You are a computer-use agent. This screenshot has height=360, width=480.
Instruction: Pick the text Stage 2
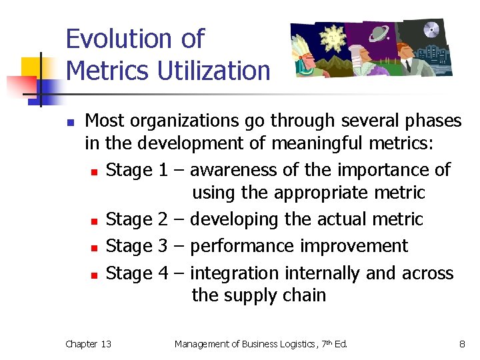[137, 219]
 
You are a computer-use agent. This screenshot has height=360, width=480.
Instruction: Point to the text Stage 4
[137, 273]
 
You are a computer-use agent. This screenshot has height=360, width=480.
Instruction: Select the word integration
[235, 273]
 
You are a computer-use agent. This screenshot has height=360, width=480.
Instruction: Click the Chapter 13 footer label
[88, 344]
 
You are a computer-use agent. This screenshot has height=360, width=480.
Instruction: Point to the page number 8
[461, 344]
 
